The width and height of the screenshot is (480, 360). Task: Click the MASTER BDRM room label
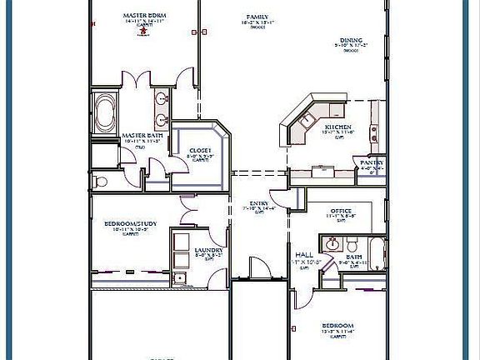pos(141,16)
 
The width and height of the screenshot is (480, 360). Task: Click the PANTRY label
pos(367,162)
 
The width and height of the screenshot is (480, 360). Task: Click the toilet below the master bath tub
pos(100,181)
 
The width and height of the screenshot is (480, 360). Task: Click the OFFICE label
pos(340,212)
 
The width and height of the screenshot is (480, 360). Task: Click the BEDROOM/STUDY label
pos(130,224)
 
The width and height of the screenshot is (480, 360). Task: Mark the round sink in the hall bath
pos(332,244)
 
